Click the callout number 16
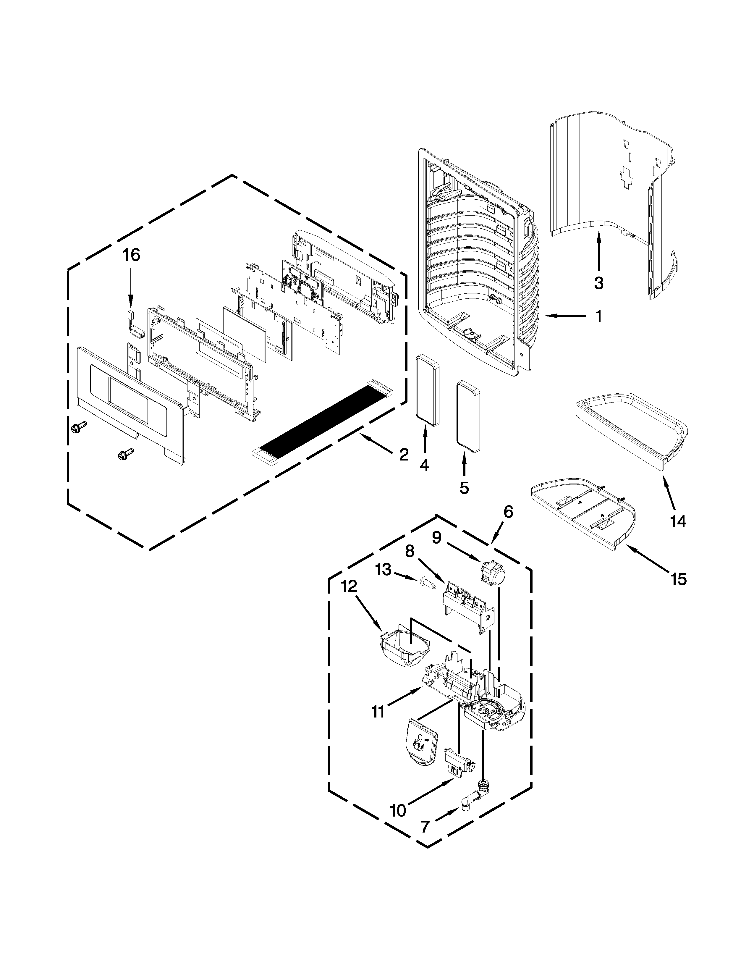(x=131, y=255)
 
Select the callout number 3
(x=598, y=282)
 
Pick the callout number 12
(x=349, y=587)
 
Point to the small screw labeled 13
(x=427, y=583)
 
